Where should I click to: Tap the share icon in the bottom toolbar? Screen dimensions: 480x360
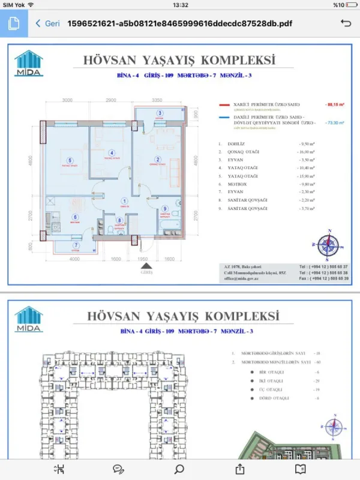[x=241, y=469]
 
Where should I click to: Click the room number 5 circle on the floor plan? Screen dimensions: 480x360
[x=70, y=160]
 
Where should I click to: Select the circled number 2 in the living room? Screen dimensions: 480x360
[x=157, y=160]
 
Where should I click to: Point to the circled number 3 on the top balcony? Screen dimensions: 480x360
[x=160, y=113]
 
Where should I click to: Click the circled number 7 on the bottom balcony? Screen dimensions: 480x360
[x=76, y=245]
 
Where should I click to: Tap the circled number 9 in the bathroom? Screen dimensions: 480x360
[x=164, y=208]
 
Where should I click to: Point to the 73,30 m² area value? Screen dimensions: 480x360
[x=335, y=122]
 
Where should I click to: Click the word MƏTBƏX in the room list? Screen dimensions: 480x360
[x=233, y=184]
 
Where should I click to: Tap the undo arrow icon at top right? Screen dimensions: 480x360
[x=346, y=23]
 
